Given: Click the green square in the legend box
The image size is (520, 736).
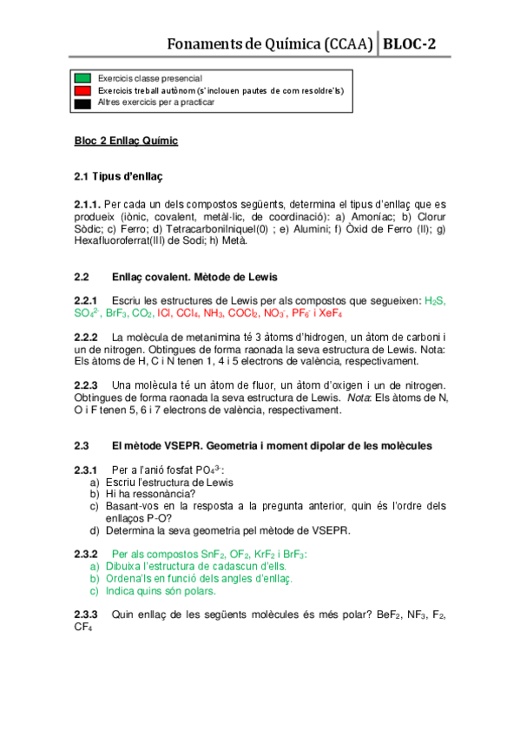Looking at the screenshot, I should [83, 78].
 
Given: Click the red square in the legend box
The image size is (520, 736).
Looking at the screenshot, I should [83, 89].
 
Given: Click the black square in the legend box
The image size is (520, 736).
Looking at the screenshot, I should [83, 102].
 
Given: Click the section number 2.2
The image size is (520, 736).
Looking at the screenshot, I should [82, 277].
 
